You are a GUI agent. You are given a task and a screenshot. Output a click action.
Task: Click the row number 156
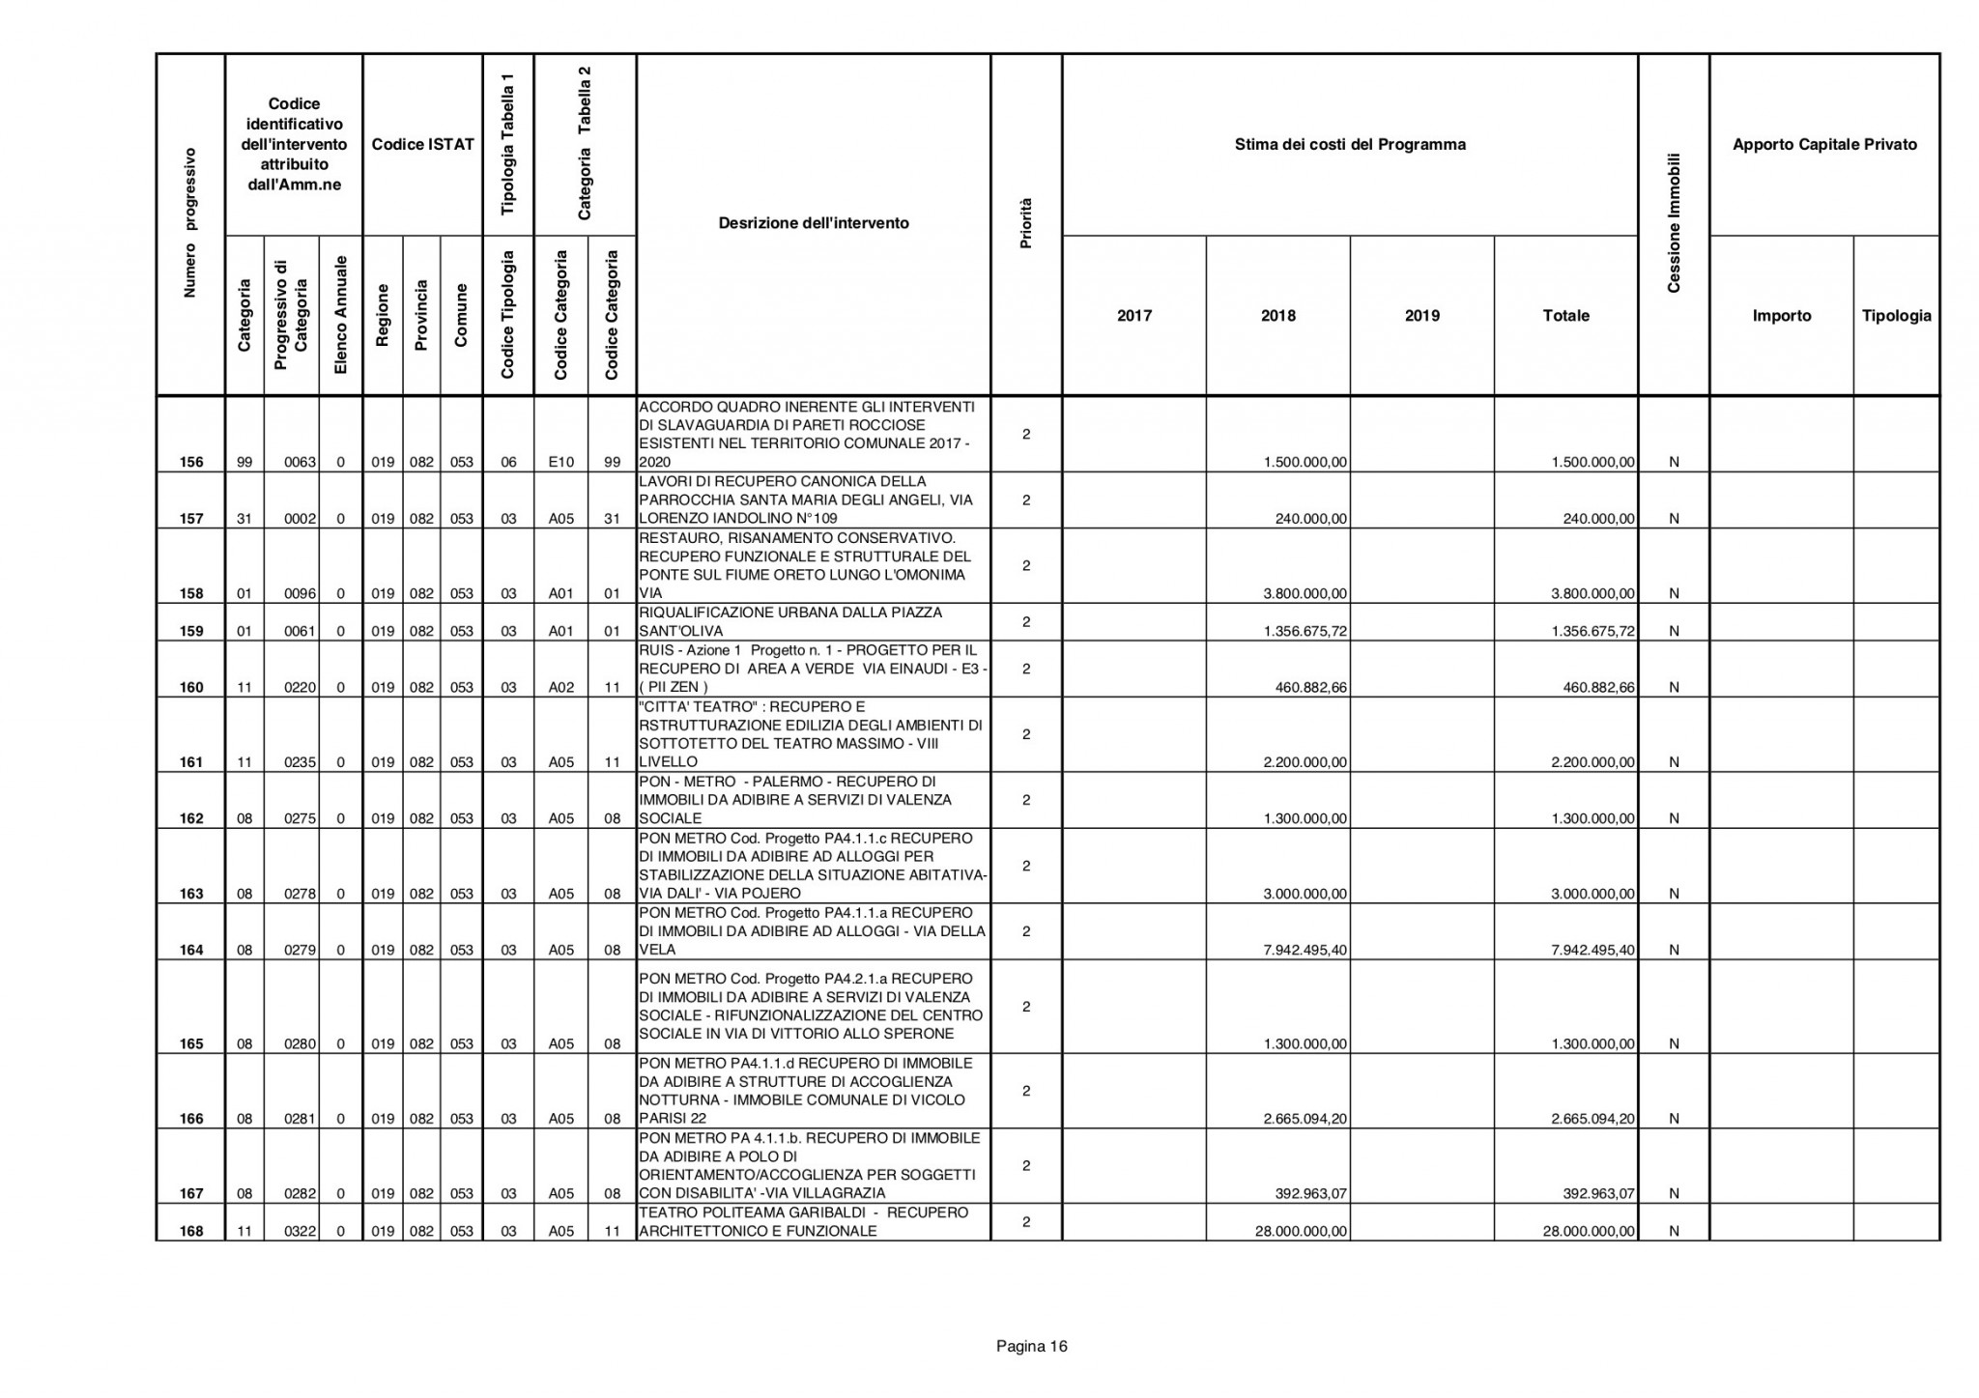(x=191, y=462)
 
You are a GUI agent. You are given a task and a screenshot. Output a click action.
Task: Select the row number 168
(x=191, y=1231)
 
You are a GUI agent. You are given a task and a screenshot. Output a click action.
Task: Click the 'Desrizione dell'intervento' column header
(x=814, y=223)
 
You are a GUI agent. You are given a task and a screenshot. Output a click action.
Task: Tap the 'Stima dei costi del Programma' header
(x=1350, y=145)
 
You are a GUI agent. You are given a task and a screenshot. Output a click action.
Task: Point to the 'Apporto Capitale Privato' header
(x=1824, y=145)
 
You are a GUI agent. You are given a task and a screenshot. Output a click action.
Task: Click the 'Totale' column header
(x=1565, y=316)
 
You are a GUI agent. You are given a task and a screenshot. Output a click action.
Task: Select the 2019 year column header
(x=1422, y=316)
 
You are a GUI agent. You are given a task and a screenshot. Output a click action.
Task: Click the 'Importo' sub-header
(x=1781, y=316)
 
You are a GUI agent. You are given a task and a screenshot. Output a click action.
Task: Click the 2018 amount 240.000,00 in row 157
(x=1310, y=519)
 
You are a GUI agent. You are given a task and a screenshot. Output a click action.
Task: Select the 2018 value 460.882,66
(x=1308, y=688)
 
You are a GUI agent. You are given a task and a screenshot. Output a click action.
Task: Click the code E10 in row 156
(x=561, y=462)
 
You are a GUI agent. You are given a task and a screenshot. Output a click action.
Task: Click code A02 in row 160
(x=561, y=688)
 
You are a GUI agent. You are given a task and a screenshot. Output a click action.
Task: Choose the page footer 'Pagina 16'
(x=1031, y=1347)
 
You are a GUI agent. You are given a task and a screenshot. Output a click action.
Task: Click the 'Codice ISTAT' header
(x=422, y=145)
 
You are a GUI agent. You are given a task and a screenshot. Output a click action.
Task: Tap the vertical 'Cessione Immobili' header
(x=1674, y=223)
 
